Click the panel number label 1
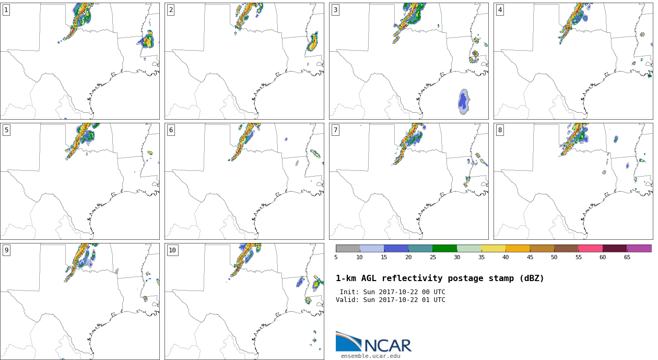(x=6, y=10)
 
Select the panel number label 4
(x=500, y=10)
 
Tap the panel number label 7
(x=335, y=130)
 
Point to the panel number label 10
(x=172, y=250)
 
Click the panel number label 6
(x=171, y=130)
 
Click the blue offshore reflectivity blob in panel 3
(x=464, y=102)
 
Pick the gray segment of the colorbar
(x=348, y=249)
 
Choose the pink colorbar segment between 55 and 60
(x=591, y=249)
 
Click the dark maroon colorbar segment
(x=615, y=249)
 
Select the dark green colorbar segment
(x=445, y=249)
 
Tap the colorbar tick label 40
(x=506, y=258)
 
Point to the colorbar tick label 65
(x=627, y=258)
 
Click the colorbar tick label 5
(x=336, y=258)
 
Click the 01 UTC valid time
(x=433, y=300)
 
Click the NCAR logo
(x=374, y=342)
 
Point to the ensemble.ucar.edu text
(x=370, y=356)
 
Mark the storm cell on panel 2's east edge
(x=313, y=42)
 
